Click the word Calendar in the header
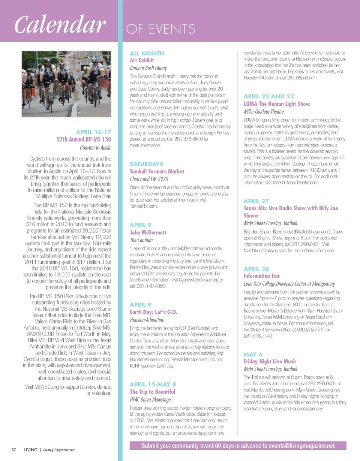coord(59,25)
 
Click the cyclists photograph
coord(67,84)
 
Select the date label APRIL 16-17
coord(94,132)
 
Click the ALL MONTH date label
coord(147,54)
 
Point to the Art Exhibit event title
coord(142,60)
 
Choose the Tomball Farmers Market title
coord(157,171)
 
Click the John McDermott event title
coord(148,232)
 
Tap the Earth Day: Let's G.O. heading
coord(153,312)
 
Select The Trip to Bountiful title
coord(152,392)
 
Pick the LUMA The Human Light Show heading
coord(277,104)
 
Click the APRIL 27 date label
coord(256,201)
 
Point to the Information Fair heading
coord(262,276)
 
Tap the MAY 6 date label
coord(253,354)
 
